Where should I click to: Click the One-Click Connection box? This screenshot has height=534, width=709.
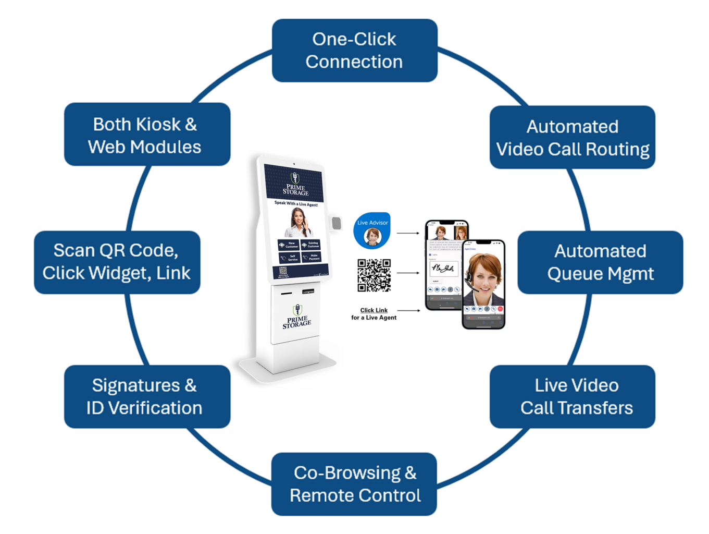click(354, 51)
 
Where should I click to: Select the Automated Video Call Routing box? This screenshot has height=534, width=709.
click(572, 137)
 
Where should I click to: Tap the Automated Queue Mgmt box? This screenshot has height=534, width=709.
click(600, 262)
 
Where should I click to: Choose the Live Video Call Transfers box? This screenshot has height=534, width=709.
click(572, 396)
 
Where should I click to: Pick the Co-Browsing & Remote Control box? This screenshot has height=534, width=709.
click(354, 484)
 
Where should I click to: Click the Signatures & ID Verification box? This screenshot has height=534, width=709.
click(147, 396)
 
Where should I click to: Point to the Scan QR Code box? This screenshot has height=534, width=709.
click(117, 262)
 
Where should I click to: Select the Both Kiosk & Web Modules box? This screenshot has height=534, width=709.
click(147, 135)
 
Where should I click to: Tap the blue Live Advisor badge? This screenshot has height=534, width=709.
click(372, 230)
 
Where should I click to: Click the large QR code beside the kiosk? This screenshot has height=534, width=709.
click(374, 275)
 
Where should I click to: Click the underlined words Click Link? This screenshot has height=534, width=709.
click(374, 310)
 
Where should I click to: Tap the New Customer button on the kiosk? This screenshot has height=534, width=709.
click(289, 244)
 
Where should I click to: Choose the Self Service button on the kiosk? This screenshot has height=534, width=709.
click(289, 257)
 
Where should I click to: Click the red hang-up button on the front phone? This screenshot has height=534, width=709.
click(500, 309)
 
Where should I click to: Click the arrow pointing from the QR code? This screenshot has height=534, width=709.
click(408, 273)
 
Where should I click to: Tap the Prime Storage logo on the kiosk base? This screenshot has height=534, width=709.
click(296, 318)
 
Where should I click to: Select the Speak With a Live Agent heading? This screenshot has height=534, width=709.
click(296, 204)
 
